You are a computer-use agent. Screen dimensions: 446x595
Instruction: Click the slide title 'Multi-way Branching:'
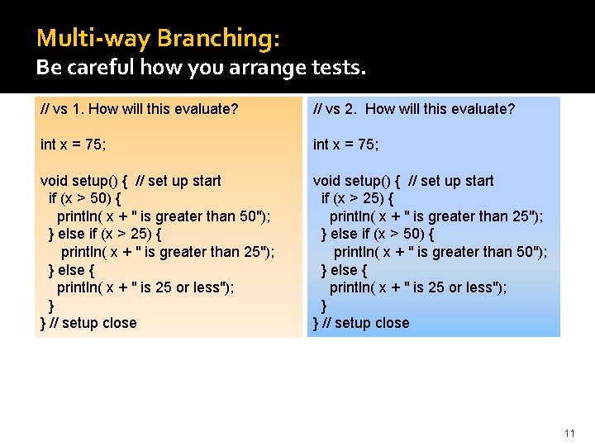[x=158, y=38]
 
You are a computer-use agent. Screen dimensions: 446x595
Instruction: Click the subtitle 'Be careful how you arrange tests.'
[x=200, y=68]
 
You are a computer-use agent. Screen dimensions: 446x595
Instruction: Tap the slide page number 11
[x=569, y=433]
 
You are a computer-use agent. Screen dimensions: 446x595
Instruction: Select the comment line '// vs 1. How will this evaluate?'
[x=140, y=109]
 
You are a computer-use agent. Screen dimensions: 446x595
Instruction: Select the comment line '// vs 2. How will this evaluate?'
[x=414, y=109]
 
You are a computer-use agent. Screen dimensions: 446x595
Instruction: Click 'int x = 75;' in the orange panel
[x=73, y=145]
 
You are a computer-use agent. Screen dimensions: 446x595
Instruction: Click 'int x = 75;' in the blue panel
[x=345, y=145]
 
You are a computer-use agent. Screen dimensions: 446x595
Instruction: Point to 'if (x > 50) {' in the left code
[x=86, y=198]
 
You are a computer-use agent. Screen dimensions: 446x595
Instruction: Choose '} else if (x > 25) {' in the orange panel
[x=105, y=234]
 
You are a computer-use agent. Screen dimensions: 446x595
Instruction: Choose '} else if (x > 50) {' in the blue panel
[x=378, y=234]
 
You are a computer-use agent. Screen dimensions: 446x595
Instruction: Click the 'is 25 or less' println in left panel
[x=145, y=287]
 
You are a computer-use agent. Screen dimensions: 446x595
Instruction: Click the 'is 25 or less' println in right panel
[x=418, y=287]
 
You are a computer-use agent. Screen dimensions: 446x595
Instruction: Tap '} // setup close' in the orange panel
[x=88, y=323]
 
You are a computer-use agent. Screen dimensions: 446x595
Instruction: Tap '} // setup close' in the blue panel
[x=361, y=323]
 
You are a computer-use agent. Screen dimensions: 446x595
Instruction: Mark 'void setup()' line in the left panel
[x=131, y=181]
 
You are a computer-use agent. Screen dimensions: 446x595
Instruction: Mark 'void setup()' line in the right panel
[x=403, y=181]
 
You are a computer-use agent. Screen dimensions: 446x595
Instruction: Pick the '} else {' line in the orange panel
[x=73, y=270]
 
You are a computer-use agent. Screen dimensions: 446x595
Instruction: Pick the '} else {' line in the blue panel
[x=345, y=270]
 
